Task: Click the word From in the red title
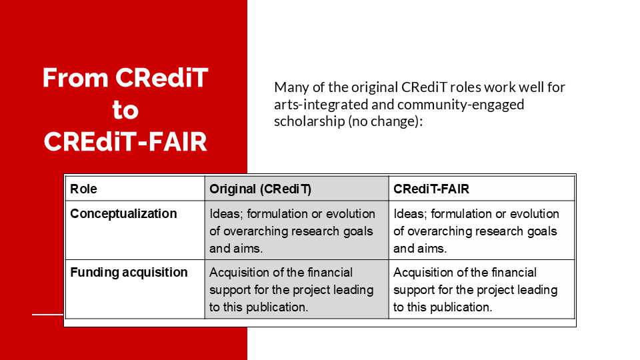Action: [75, 77]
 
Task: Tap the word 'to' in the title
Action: [125, 110]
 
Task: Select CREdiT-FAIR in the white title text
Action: [125, 142]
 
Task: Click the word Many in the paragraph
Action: [291, 88]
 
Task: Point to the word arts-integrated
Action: [321, 105]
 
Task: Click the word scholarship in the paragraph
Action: [309, 121]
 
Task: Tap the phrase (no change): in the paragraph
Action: [385, 121]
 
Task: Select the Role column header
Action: [84, 189]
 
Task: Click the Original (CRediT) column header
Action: [261, 189]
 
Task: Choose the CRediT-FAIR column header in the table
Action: [431, 189]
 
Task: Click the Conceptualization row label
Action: [124, 214]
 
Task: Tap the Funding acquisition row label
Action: [129, 272]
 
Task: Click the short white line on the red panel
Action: [48, 314]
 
